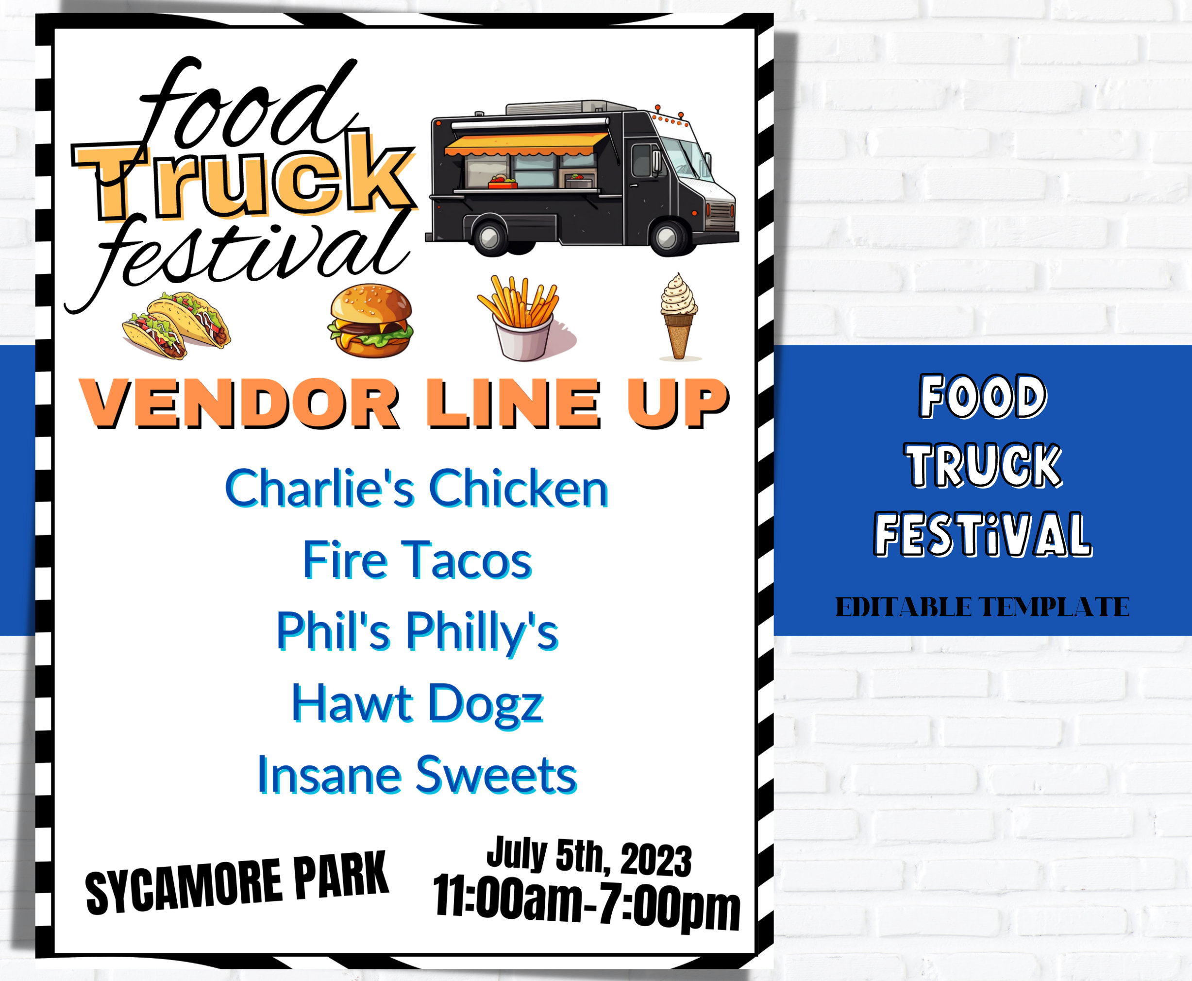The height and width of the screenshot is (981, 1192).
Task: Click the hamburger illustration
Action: coord(370,321)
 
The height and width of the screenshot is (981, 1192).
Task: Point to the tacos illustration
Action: coord(176,325)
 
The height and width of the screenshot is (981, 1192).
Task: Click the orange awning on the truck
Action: coord(525,144)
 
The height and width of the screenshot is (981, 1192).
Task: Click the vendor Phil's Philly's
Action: coord(417,631)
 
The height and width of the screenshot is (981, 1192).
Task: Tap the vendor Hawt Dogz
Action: coord(417,704)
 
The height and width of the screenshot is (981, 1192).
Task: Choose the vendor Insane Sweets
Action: coord(417,775)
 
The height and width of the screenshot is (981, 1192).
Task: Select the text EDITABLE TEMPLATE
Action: coord(982,608)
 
